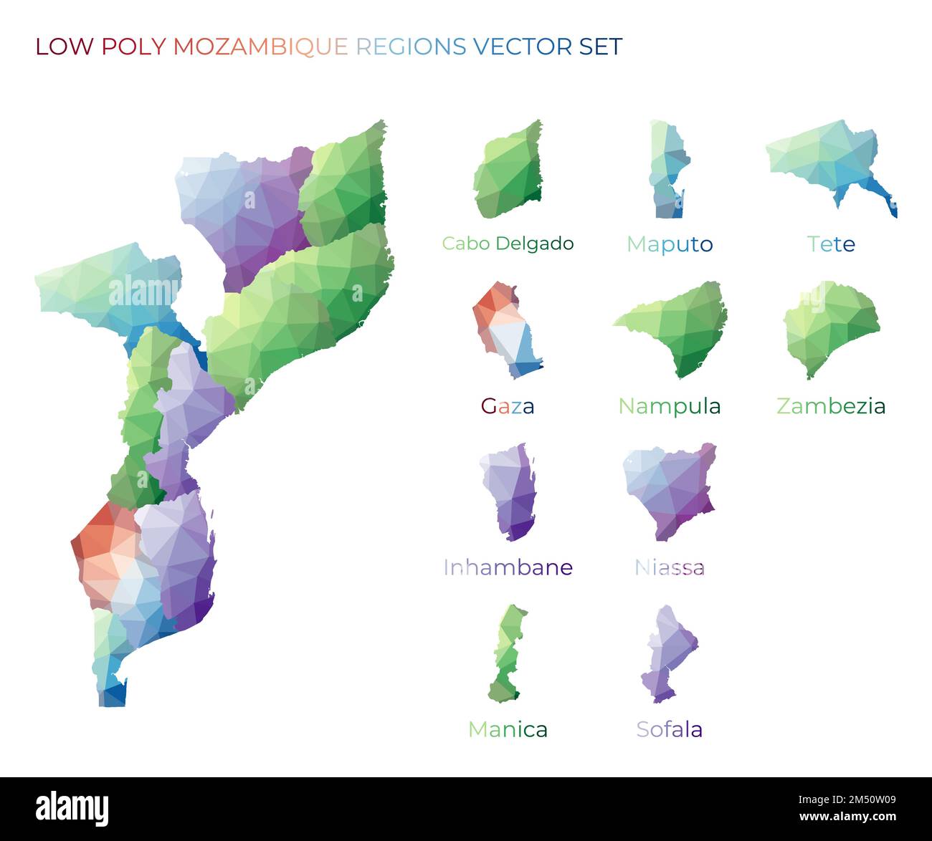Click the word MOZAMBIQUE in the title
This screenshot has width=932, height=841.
[260, 47]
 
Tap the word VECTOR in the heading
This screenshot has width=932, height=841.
[522, 47]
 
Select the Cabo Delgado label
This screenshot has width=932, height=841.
[508, 244]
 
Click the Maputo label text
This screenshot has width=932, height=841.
[670, 244]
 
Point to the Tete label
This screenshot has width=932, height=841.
[831, 244]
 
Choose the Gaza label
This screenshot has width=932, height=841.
[508, 406]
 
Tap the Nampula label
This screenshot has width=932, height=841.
[670, 406]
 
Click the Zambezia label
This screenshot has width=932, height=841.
[831, 406]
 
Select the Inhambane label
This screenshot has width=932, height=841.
[508, 567]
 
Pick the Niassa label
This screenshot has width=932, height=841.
[670, 567]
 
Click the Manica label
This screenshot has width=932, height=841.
[508, 729]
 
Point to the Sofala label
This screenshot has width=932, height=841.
[670, 729]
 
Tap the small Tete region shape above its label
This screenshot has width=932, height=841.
[824, 158]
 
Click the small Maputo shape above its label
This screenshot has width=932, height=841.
[667, 168]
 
